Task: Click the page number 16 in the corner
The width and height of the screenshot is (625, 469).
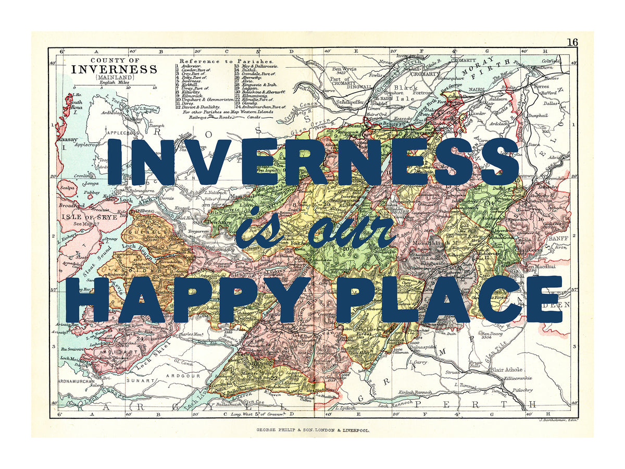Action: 572,42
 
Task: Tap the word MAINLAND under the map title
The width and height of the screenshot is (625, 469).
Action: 114,78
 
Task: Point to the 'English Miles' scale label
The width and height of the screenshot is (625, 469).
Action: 114,82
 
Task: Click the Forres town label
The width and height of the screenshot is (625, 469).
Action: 542,87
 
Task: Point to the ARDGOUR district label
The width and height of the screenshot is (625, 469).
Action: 181,375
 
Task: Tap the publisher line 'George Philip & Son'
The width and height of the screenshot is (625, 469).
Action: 312,430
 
